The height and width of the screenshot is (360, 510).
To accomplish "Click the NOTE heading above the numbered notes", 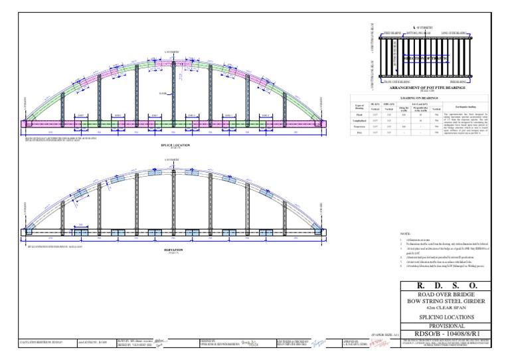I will pyautogui.click(x=406, y=234).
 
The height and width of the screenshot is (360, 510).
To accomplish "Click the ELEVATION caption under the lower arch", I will pyautogui.click(x=172, y=250).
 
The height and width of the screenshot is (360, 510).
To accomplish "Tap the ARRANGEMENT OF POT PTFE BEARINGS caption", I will pyautogui.click(x=427, y=87).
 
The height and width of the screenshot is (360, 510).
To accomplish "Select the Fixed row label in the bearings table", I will pyautogui.click(x=357, y=115).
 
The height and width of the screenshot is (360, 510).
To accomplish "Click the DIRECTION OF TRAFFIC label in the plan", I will pyautogui.click(x=427, y=58).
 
